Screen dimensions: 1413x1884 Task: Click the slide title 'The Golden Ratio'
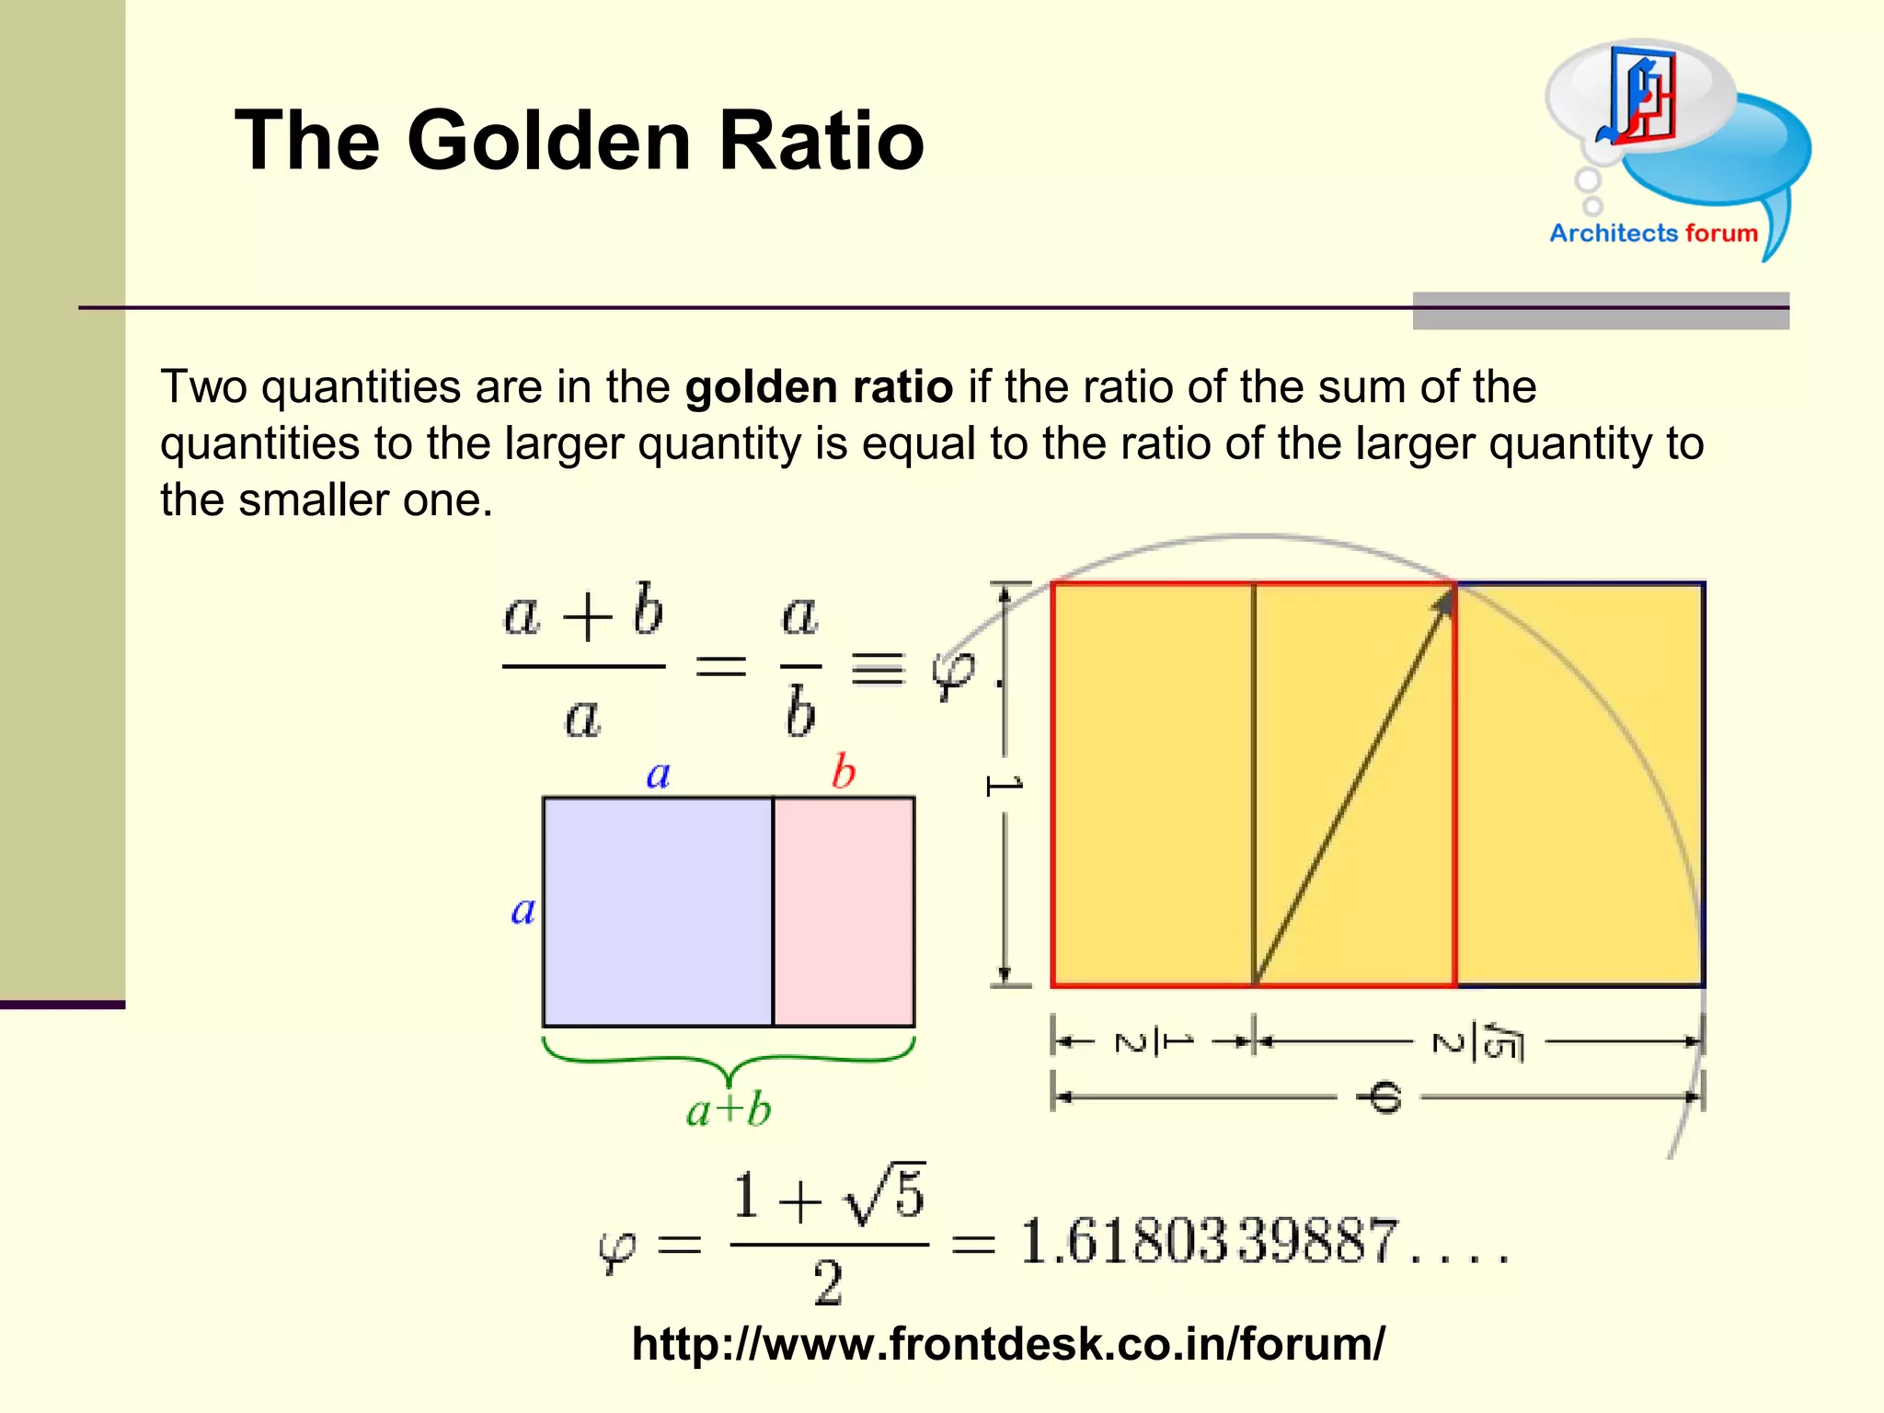[x=579, y=141]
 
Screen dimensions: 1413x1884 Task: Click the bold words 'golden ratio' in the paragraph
[x=819, y=387]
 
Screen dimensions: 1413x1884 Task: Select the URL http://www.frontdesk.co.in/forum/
[x=1007, y=1344]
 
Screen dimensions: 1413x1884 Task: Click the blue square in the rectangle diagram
[x=658, y=911]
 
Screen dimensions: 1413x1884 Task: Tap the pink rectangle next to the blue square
[x=844, y=911]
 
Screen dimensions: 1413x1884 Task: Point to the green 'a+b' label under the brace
[x=729, y=1110]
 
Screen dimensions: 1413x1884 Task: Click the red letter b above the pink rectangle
[x=844, y=772]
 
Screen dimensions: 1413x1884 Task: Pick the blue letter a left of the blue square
[x=523, y=911]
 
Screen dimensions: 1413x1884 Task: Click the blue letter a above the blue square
[x=658, y=775]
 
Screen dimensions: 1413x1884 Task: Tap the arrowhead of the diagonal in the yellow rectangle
[x=1445, y=603]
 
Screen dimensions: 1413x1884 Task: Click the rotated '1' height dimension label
[x=1004, y=786]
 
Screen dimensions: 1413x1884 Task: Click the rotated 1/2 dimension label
[x=1154, y=1042]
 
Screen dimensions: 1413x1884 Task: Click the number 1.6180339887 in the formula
[x=1209, y=1242]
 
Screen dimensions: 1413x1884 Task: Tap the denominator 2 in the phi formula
[x=827, y=1283]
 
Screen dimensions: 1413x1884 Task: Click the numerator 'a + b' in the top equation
[x=583, y=613]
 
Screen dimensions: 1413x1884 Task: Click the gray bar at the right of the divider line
[x=1601, y=311]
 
